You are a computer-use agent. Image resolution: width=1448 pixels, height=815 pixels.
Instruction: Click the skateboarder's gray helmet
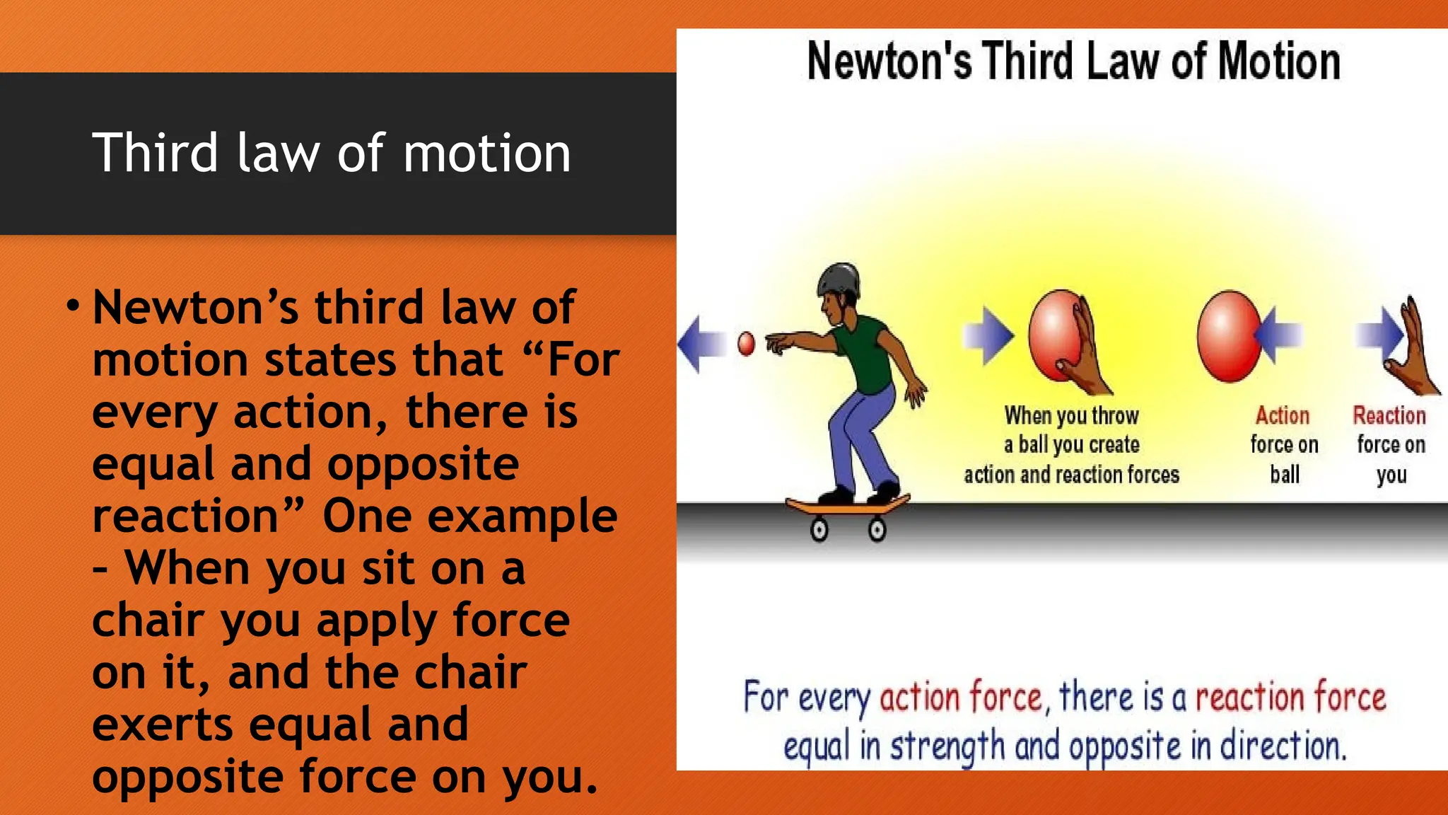point(839,279)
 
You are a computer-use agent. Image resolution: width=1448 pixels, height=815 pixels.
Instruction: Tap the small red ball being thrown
point(746,344)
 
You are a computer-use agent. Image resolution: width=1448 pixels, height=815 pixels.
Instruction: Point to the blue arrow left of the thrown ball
point(701,344)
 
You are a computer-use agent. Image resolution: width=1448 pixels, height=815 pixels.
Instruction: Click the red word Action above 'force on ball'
point(1283,415)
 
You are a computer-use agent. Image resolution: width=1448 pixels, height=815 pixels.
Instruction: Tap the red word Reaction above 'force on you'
point(1389,415)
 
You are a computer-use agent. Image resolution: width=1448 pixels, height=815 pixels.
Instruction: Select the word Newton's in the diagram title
point(889,62)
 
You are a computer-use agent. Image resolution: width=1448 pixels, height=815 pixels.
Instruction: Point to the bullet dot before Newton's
point(72,306)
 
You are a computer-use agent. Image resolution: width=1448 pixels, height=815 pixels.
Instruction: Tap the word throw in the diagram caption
point(1115,415)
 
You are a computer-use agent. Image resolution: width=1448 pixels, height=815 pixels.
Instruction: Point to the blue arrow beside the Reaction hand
point(1379,333)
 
